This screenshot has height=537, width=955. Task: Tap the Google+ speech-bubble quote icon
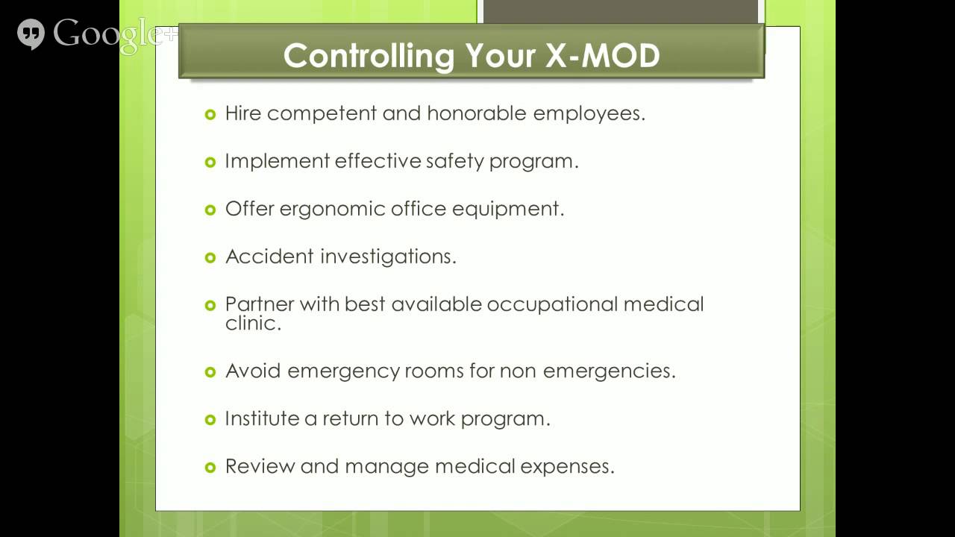[31, 34]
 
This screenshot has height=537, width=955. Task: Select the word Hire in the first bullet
[243, 113]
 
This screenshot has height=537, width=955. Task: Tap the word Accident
[269, 257]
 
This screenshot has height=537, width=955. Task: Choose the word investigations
[388, 257]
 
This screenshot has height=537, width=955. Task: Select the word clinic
[253, 324]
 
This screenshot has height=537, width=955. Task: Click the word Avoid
[253, 371]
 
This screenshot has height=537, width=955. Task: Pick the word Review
[259, 466]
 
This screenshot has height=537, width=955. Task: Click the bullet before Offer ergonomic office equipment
[210, 210]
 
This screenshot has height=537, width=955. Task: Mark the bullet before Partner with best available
[210, 305]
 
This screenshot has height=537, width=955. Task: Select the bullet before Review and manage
[210, 467]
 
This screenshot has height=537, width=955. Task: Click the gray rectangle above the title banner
[621, 12]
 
